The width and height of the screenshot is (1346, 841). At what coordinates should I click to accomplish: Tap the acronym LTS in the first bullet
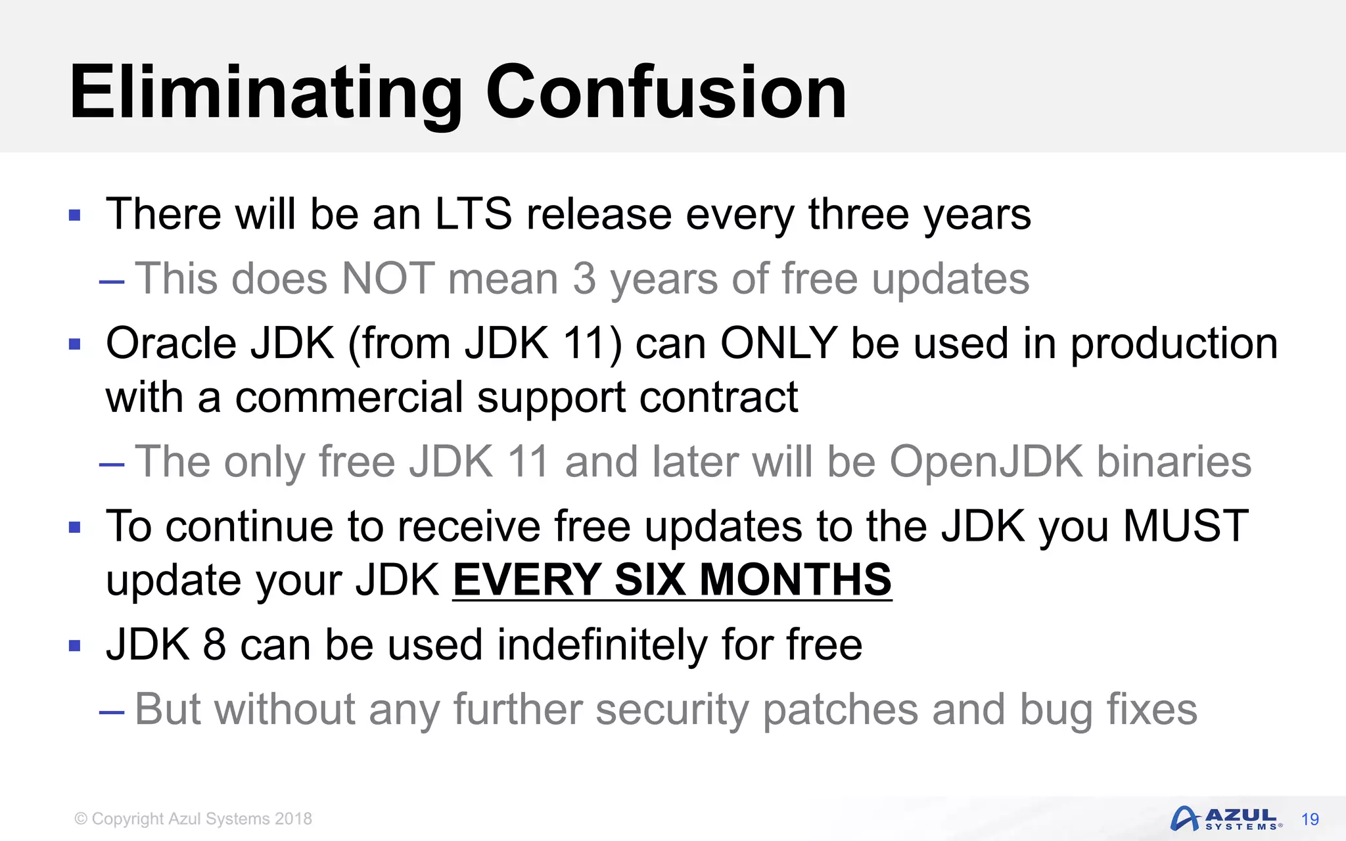[x=473, y=214]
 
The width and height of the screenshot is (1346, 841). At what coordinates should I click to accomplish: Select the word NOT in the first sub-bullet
[x=388, y=279]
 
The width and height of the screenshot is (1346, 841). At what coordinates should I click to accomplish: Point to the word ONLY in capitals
[x=779, y=344]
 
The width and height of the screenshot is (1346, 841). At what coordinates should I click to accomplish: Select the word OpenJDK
[x=986, y=461]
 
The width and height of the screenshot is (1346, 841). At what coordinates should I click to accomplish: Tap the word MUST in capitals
[x=1186, y=526]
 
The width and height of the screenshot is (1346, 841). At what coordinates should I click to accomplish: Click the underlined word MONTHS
[x=795, y=580]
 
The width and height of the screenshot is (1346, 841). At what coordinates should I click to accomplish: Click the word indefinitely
[x=602, y=645]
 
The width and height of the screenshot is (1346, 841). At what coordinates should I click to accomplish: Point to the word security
[x=672, y=710]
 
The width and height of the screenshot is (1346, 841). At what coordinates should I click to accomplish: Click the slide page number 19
[x=1310, y=819]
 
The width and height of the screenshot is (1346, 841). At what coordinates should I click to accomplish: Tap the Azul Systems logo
[x=1226, y=819]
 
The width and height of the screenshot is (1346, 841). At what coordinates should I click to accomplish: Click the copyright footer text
[x=193, y=819]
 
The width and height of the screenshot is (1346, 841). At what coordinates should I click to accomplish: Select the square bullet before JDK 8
[x=74, y=646]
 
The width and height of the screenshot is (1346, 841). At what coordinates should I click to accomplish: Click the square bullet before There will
[x=74, y=215]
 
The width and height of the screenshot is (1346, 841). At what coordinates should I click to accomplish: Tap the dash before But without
[x=112, y=712]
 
